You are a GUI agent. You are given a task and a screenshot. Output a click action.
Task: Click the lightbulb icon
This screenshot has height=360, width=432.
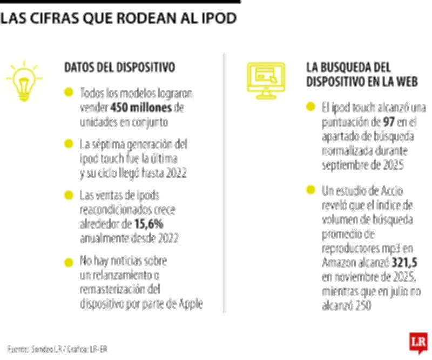[23, 81]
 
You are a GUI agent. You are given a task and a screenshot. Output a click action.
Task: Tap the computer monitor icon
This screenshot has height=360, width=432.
[266, 80]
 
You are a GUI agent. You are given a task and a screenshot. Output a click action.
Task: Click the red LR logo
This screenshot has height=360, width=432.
[418, 342]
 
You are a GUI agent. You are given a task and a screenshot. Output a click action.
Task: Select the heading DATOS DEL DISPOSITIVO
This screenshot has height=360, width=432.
[119, 68]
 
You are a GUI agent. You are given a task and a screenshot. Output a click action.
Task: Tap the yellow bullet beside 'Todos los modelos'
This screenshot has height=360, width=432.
[68, 93]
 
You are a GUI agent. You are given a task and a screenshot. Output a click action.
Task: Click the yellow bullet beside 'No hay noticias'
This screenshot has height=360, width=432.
[68, 262]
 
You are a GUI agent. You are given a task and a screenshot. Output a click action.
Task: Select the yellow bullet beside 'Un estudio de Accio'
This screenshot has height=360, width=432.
[310, 190]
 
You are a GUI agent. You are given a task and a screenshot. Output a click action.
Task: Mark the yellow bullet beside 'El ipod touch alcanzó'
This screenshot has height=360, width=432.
[310, 106]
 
